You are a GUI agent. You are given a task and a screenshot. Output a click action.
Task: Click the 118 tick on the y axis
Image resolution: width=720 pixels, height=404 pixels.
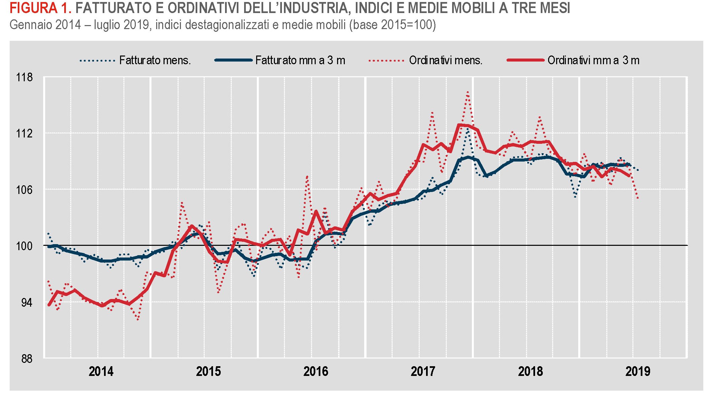click(24, 78)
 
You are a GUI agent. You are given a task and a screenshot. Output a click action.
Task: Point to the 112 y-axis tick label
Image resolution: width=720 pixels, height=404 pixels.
click(24, 134)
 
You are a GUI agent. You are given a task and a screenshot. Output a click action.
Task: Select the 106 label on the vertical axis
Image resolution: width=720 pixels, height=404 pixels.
click(24, 190)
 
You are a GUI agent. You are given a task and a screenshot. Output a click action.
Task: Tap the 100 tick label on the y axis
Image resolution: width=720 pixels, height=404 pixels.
click(24, 246)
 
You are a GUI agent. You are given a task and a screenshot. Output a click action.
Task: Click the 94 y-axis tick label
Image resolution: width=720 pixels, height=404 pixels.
click(27, 303)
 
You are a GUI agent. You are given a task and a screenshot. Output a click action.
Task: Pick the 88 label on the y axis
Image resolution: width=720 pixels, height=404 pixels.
click(27, 359)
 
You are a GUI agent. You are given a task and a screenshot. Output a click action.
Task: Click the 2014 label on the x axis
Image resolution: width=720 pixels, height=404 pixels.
click(101, 372)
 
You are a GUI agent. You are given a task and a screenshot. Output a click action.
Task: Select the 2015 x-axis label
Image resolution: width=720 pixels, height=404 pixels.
click(208, 372)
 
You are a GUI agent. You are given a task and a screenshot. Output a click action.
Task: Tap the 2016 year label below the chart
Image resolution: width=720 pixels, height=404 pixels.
click(316, 372)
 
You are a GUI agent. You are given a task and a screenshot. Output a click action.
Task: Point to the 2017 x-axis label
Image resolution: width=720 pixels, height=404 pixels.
click(423, 372)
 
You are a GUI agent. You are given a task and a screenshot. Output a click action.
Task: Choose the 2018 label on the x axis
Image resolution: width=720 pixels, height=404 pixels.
click(530, 372)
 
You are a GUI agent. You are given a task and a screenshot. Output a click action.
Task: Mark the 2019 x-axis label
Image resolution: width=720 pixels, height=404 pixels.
click(638, 372)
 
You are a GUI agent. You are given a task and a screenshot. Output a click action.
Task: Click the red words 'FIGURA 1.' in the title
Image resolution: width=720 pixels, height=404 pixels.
click(40, 8)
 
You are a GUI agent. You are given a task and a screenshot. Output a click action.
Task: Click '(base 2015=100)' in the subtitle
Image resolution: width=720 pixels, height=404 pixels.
click(392, 25)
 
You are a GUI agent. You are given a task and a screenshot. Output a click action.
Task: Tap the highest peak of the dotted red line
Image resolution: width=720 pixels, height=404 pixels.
click(468, 92)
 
